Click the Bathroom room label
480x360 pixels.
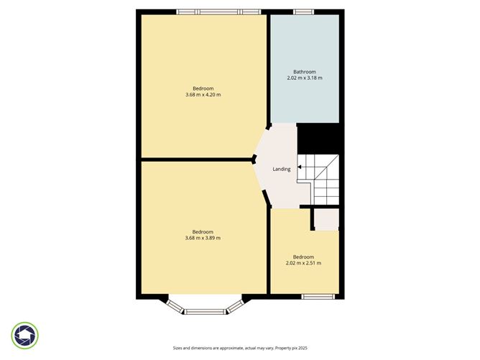point(304,71)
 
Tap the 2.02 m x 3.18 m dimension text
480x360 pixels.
point(304,78)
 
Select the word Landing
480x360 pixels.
point(282,169)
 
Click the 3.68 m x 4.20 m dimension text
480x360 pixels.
point(203,95)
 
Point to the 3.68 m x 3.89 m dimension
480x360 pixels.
point(203,238)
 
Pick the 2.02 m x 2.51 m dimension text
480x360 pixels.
point(303,263)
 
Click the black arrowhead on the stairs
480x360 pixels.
point(300,170)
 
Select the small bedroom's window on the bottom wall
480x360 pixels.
point(318,296)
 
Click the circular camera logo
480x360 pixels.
point(26,335)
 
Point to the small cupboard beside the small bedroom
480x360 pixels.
point(326,219)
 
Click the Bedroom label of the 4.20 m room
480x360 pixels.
point(203,88)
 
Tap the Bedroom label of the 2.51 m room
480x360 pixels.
point(303,257)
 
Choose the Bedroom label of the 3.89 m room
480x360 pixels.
point(203,231)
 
